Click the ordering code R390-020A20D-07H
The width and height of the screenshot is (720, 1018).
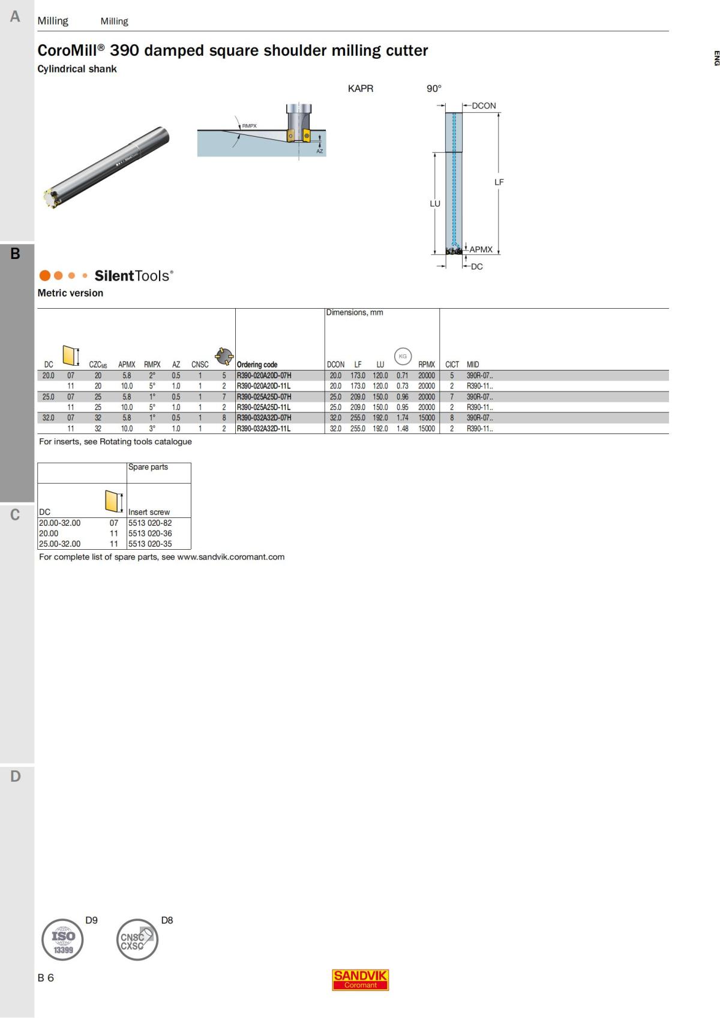click(x=264, y=376)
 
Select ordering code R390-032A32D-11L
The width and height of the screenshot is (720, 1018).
click(x=263, y=429)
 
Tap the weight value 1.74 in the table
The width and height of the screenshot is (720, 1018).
click(x=402, y=418)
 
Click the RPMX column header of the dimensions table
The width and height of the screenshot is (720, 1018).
click(x=427, y=365)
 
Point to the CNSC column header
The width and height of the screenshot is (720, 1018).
click(x=200, y=365)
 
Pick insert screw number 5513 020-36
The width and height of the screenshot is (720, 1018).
click(x=150, y=534)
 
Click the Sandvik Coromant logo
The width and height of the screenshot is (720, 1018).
click(x=360, y=980)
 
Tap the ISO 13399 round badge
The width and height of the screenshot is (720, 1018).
click(x=62, y=939)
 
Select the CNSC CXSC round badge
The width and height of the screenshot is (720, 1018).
click(x=137, y=939)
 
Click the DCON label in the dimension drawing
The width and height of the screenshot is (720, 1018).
click(x=484, y=106)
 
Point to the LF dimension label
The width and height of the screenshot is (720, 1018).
click(x=499, y=182)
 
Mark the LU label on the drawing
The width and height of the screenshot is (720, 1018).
click(x=435, y=204)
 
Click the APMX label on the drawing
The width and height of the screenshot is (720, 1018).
click(x=481, y=249)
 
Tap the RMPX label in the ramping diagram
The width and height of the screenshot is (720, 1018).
click(x=249, y=126)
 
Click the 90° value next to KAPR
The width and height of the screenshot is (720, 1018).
click(x=434, y=89)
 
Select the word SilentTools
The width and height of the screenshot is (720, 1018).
click(x=133, y=276)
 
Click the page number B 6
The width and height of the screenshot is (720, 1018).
click(x=46, y=978)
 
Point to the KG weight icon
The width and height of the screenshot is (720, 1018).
click(x=403, y=356)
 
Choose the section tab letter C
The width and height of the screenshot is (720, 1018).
click(x=15, y=515)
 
